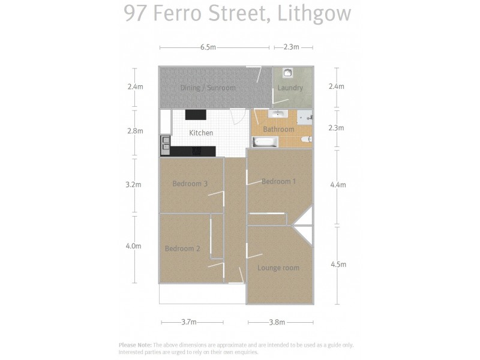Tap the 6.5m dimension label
pos(208,47)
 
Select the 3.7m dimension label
pos(188,322)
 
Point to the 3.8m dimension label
pos(277,322)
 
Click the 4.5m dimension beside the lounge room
pos(338,265)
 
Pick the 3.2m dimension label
pos(134,185)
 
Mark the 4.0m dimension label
pos(134,246)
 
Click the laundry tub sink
pos(288,73)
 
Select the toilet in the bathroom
pos(306,140)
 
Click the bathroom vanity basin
pos(279,113)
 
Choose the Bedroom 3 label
pos(190,184)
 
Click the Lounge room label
pos(278,268)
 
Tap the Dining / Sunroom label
pos(208,88)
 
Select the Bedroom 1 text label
pos(278,181)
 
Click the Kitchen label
pos(201,133)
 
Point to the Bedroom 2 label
pos(182,248)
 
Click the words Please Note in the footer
pos(135,345)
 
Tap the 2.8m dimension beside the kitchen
pos(136,131)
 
